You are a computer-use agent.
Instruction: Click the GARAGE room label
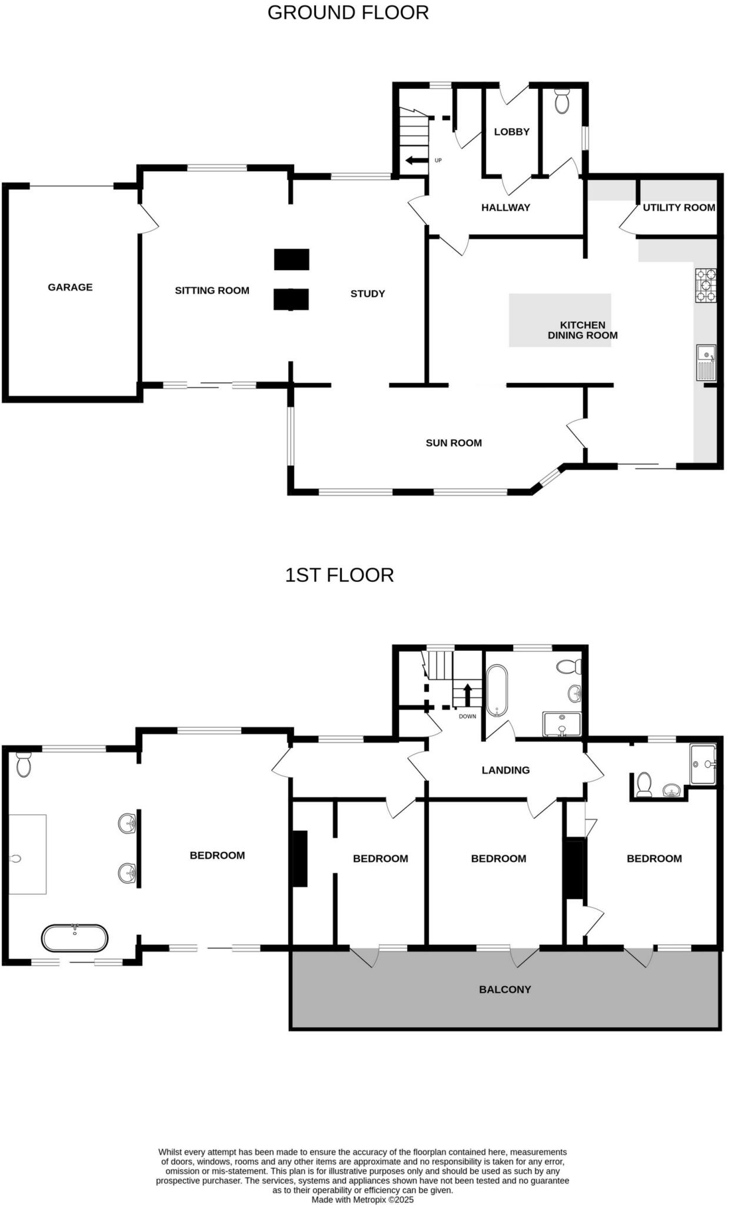[x=70, y=287]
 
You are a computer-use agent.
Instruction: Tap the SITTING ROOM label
[x=212, y=290]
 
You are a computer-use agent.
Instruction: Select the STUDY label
[x=368, y=294]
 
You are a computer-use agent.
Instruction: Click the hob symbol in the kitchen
[x=705, y=285]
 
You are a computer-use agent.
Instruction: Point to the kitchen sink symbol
[x=705, y=362]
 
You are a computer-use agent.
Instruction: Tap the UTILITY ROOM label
[x=678, y=207]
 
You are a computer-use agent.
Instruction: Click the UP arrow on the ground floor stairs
[x=416, y=160]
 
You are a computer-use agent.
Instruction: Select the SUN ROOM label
[x=454, y=443]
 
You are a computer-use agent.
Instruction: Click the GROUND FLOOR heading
[x=348, y=12]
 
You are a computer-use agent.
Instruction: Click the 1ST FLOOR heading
[x=339, y=575]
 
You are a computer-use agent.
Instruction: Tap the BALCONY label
[x=505, y=990]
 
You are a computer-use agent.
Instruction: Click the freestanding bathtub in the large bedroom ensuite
[x=75, y=938]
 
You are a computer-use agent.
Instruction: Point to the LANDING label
[x=505, y=770]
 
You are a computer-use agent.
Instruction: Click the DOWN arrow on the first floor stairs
[x=468, y=695]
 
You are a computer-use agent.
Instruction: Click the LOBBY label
[x=511, y=132]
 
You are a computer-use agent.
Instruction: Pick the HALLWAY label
[x=505, y=207]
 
